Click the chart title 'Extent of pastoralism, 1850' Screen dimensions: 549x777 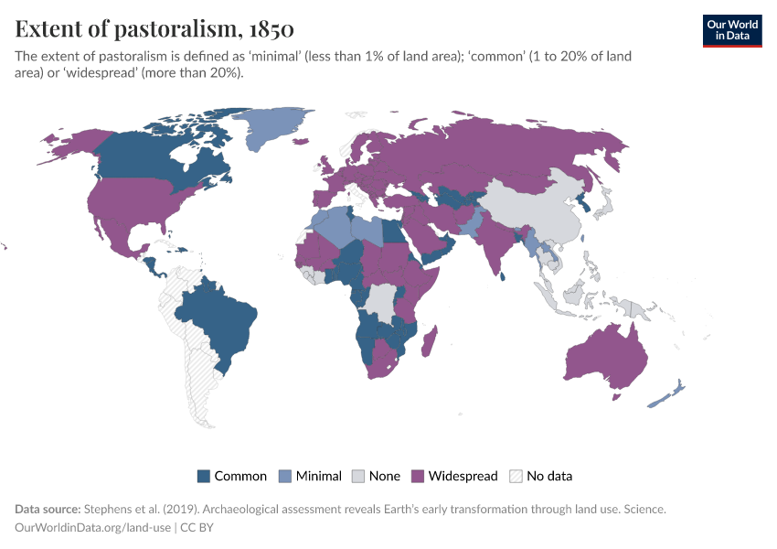click(x=154, y=29)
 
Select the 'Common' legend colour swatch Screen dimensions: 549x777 click(x=204, y=476)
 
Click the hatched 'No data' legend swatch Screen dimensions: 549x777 click(x=516, y=476)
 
